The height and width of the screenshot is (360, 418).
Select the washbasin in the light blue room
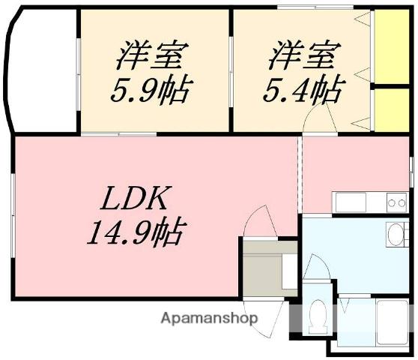click(395, 233)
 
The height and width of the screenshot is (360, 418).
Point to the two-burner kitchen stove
click(396, 201)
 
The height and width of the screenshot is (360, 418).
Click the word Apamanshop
click(209, 318)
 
